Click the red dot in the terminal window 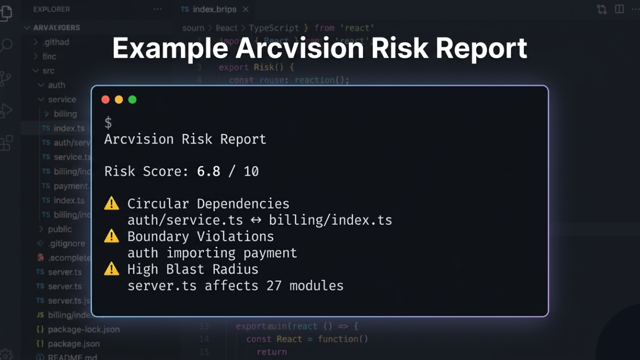[x=105, y=100]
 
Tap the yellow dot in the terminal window [x=118, y=100]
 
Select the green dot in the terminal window [x=132, y=100]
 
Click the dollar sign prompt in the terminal [x=108, y=123]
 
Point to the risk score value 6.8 [x=208, y=172]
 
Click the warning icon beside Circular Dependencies [x=112, y=204]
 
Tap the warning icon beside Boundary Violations [x=112, y=237]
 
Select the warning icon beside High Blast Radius [x=112, y=269]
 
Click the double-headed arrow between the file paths [x=256, y=221]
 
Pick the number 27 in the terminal [x=274, y=286]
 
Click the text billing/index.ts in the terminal [x=330, y=221]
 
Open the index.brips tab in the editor [x=214, y=9]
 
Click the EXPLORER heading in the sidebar [x=51, y=9]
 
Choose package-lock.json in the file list [x=84, y=329]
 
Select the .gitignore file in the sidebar [x=66, y=243]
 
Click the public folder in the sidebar [x=60, y=229]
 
